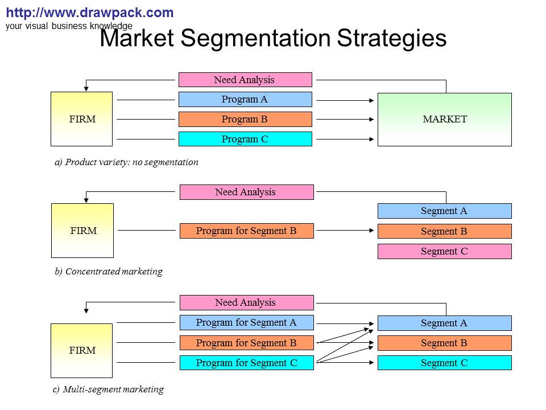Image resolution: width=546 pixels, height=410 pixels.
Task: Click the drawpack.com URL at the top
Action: (89, 13)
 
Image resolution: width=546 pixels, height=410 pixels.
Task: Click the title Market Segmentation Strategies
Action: (273, 39)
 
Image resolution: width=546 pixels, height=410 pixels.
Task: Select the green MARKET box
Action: (445, 120)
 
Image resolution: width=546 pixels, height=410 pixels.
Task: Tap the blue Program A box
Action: (245, 100)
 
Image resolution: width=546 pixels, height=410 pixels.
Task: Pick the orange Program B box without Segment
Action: (245, 120)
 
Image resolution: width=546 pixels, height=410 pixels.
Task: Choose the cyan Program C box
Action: (245, 139)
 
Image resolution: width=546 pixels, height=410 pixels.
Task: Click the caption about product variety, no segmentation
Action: (126, 162)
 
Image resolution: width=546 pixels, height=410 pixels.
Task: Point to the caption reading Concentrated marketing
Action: (109, 272)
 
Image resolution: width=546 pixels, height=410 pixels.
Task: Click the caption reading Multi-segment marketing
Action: (109, 389)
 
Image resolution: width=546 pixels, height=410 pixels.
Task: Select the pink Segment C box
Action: (445, 251)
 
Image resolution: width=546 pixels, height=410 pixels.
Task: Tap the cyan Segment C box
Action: (445, 363)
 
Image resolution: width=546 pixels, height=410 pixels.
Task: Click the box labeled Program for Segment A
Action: (246, 323)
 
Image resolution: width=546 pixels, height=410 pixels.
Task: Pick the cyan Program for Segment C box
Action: (246, 363)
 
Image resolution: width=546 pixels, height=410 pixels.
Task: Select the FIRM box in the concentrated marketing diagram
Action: (83, 231)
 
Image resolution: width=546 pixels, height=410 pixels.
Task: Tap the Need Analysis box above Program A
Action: (245, 80)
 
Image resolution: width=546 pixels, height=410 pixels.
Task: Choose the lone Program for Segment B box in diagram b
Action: (246, 231)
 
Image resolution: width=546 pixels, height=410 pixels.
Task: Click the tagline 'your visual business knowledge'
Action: (69, 26)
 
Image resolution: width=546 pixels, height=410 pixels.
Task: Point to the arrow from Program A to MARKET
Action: (345, 100)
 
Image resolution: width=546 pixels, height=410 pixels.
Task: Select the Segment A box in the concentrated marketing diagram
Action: (445, 211)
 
